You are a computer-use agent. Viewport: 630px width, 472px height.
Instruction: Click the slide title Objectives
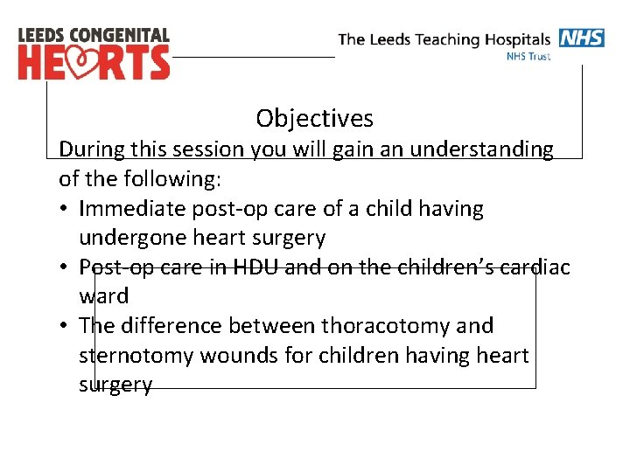click(314, 118)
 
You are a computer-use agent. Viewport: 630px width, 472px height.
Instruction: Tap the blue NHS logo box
click(581, 38)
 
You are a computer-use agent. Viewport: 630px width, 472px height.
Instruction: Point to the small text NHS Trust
click(528, 56)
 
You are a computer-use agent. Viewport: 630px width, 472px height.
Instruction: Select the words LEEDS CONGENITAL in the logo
click(94, 36)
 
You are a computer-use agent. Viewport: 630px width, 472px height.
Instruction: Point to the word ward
click(103, 296)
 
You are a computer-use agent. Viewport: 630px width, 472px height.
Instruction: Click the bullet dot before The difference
click(66, 326)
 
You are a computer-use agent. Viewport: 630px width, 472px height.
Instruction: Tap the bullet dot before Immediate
click(66, 209)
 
